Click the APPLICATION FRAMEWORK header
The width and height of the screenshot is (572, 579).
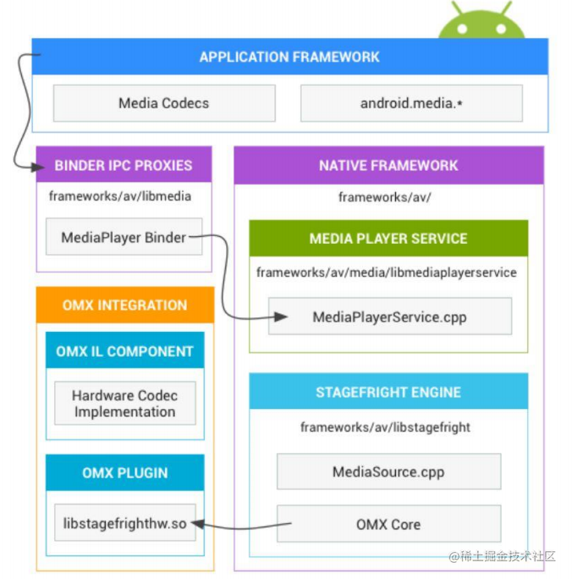pos(289,58)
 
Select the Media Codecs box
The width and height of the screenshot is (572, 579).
pos(164,103)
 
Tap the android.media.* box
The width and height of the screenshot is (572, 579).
pos(411,103)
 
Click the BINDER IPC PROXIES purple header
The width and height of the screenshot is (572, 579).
pos(124,165)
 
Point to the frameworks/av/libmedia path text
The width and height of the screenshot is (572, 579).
pos(120,196)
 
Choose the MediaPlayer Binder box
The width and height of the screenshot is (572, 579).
pos(124,238)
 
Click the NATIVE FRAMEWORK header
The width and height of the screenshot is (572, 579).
pos(388,165)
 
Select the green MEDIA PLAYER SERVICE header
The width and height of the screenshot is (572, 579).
pos(388,239)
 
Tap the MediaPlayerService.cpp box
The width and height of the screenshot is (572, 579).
pos(389,317)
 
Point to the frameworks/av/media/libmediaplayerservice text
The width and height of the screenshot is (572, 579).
pos(387,273)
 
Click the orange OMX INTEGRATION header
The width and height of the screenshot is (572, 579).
pos(124,305)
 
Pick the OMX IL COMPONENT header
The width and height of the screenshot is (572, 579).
pos(124,351)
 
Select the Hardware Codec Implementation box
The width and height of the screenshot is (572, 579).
pos(124,404)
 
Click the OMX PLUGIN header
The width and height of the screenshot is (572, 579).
pos(124,473)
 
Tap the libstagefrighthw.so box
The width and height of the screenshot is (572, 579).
pos(124,525)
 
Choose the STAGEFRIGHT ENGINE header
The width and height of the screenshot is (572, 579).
pos(388,393)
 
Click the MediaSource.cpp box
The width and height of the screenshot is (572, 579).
pos(388,471)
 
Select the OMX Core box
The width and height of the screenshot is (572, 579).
pos(388,525)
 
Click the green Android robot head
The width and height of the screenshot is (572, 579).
pos(481,23)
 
